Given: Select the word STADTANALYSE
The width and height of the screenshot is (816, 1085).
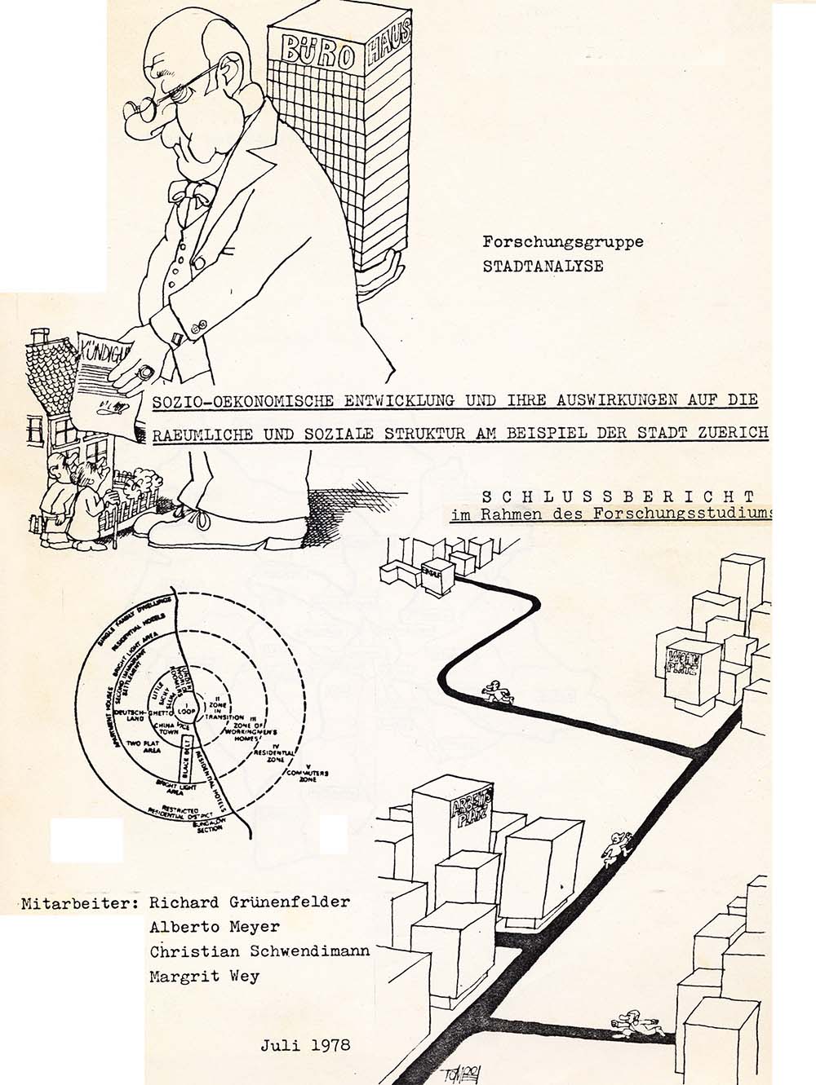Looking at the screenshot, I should pyautogui.click(x=543, y=266).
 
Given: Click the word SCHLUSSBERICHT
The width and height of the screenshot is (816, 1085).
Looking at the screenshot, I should pyautogui.click(x=618, y=496).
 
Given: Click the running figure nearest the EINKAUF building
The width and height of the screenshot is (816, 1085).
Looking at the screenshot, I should pyautogui.click(x=496, y=691).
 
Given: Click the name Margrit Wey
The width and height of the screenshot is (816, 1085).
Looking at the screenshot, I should pyautogui.click(x=204, y=977).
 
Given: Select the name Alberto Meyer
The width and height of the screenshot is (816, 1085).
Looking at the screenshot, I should pyautogui.click(x=214, y=927).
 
